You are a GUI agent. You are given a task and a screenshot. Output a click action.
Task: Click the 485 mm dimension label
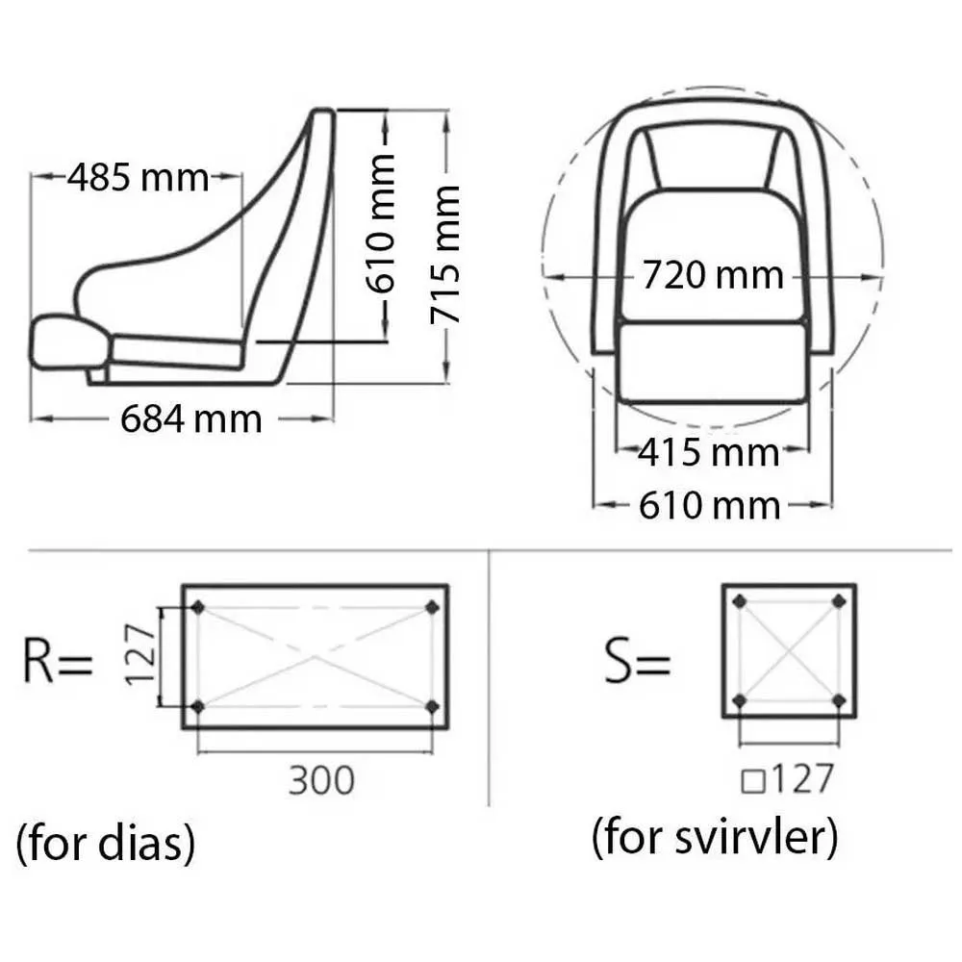pos(138,178)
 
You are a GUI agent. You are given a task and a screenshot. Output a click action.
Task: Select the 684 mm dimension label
pos(190,419)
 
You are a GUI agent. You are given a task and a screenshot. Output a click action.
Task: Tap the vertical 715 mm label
pos(444,255)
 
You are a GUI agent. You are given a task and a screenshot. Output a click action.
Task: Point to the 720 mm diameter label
pos(713,275)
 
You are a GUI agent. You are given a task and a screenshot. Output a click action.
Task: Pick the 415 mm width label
pos(709,453)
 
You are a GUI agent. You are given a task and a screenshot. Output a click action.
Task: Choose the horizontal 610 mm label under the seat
pos(710,506)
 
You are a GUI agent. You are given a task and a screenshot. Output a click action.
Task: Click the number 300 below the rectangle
pos(321,780)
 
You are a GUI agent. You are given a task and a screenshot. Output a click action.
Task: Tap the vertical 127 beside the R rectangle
pos(139,654)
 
